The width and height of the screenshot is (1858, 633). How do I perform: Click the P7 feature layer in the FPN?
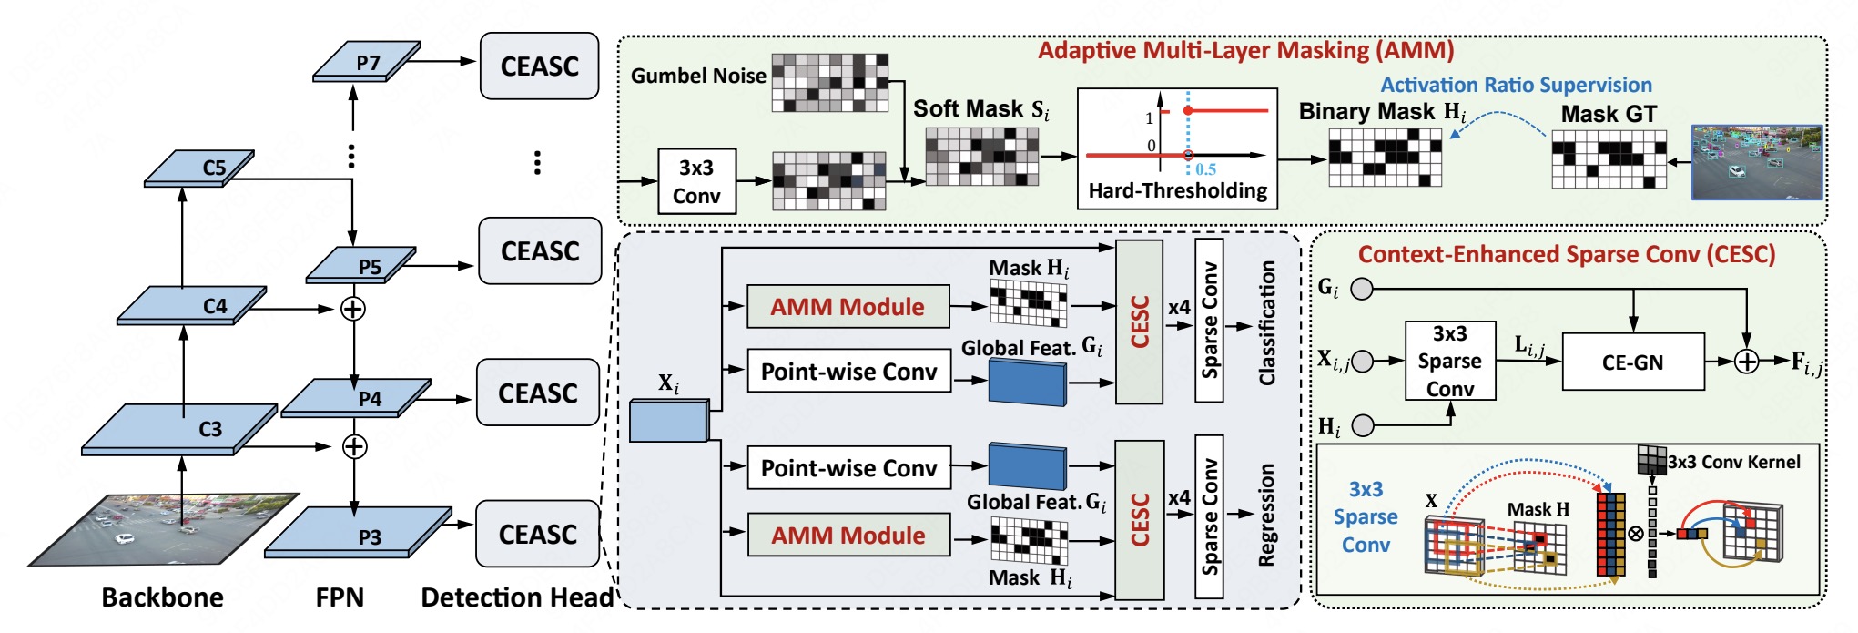367,63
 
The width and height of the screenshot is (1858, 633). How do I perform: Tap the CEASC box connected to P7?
539,66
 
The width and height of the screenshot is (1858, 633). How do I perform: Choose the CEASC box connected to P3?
537,535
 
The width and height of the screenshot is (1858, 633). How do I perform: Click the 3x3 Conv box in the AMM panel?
696,181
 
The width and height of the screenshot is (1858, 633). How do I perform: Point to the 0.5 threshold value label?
1206,169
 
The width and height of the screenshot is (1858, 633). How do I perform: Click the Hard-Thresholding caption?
1178,191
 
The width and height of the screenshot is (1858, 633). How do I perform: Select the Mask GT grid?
1609,159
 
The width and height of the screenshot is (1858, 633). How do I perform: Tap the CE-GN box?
1633,362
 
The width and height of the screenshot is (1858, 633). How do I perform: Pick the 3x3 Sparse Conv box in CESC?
1449,361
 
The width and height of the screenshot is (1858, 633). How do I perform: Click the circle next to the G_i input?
1362,289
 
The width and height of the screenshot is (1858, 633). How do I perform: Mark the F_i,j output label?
1806,362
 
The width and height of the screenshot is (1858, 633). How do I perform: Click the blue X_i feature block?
668,421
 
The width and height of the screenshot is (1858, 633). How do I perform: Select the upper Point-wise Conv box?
848,372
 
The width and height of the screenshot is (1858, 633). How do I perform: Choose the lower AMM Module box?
848,536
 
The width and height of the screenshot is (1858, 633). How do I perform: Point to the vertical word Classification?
1266,323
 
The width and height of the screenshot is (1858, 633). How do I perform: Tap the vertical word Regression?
1266,516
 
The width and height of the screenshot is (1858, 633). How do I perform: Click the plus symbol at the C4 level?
352,309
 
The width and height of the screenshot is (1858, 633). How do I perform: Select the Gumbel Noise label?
698,76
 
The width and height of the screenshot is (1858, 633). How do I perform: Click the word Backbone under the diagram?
162,597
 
